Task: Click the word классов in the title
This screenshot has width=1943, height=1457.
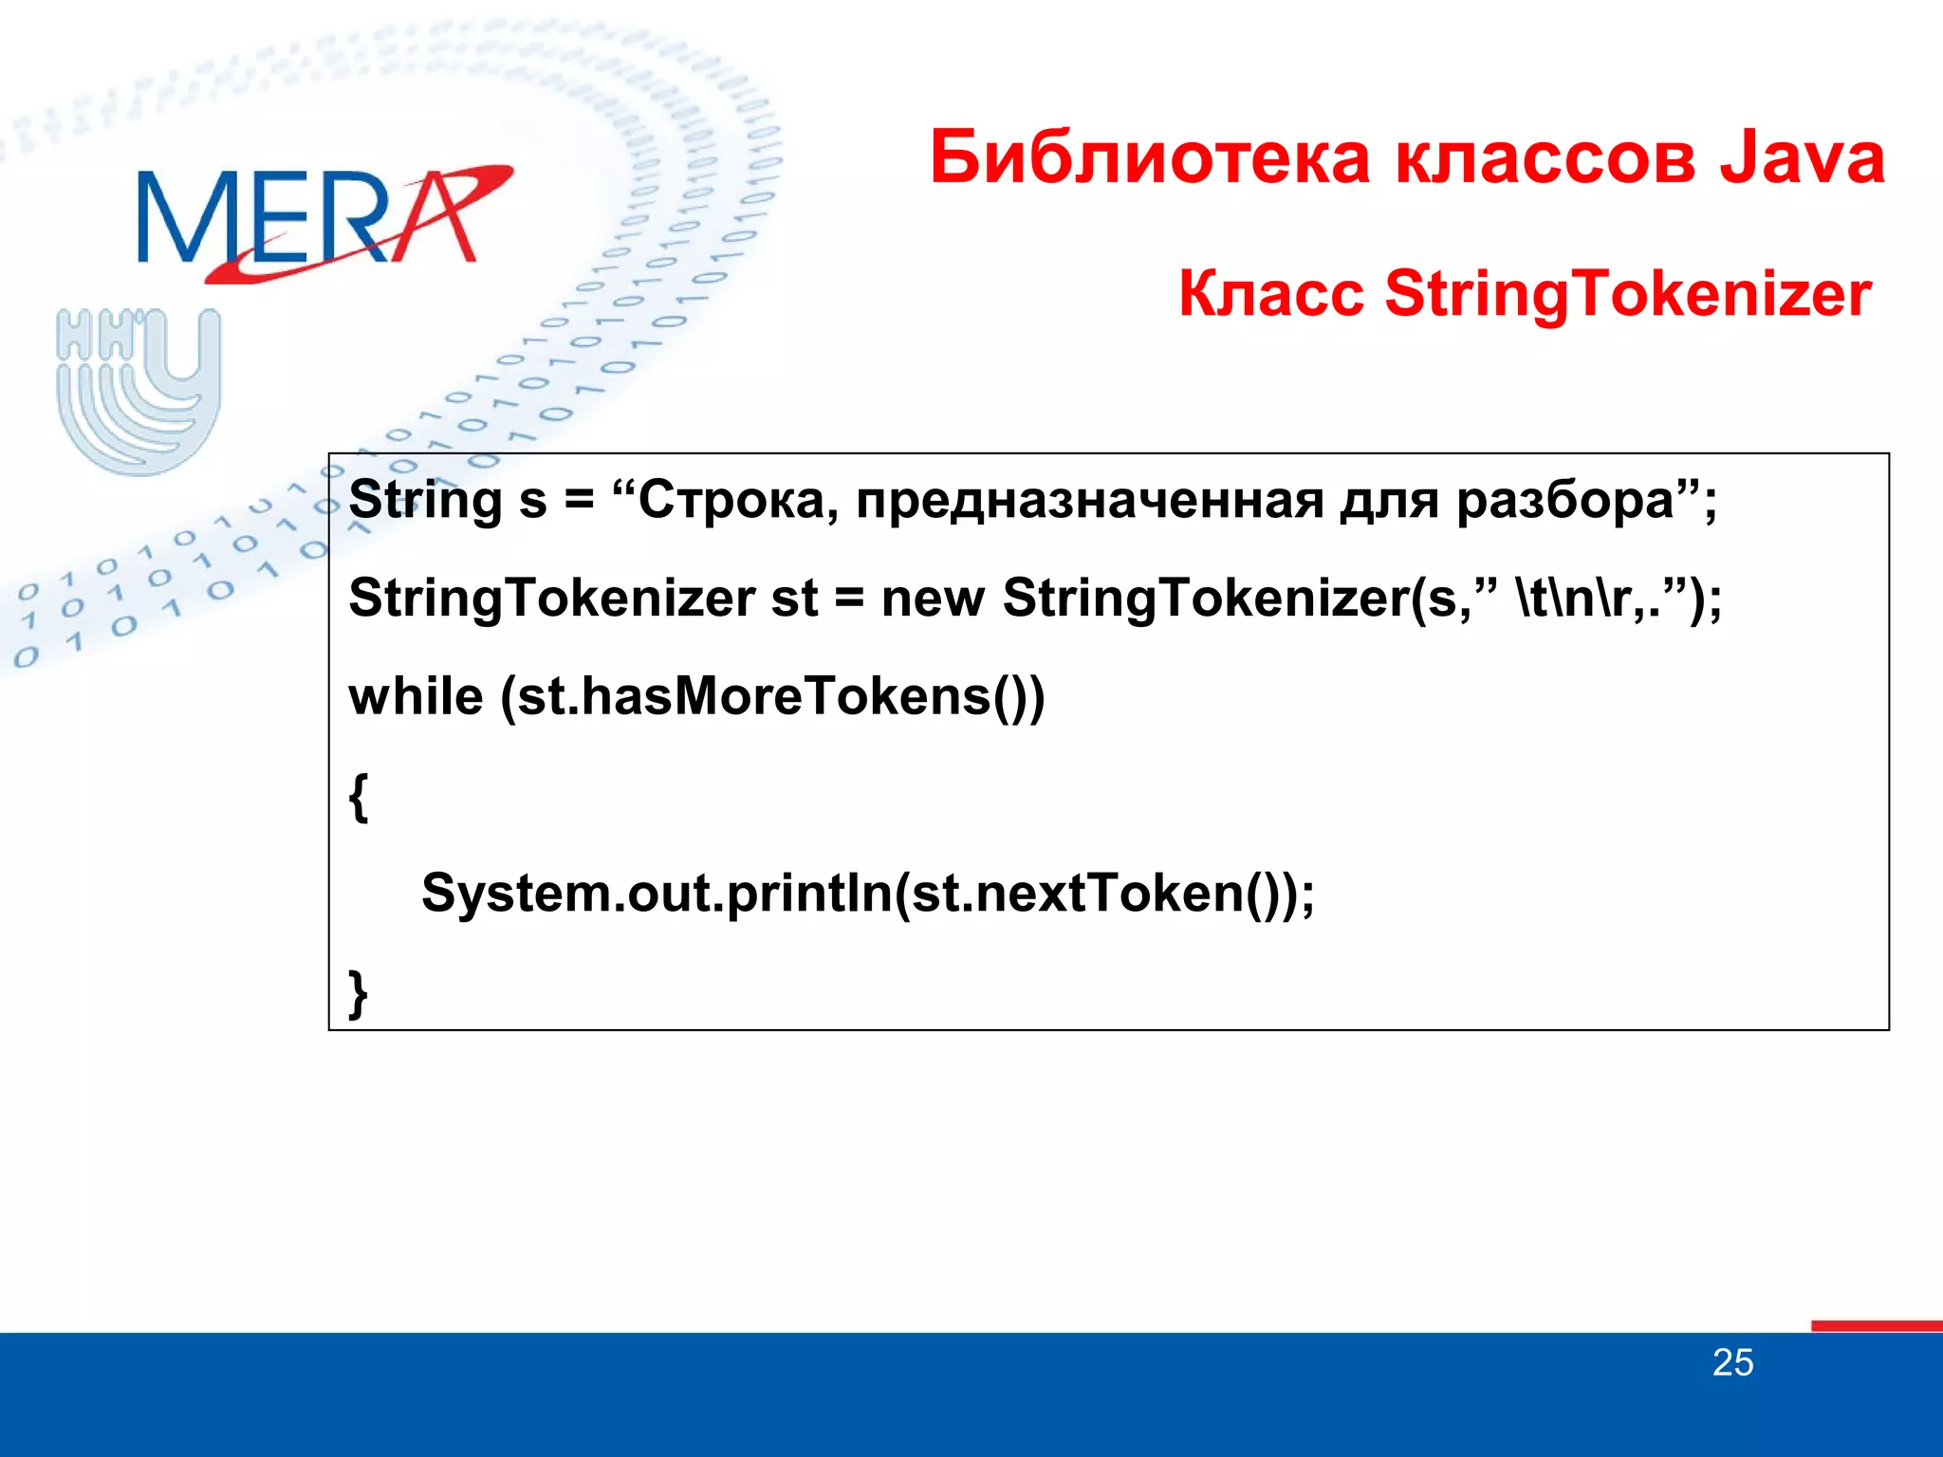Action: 1545,157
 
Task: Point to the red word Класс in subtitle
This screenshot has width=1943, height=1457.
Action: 1270,293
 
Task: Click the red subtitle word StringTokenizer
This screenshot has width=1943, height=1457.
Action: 1627,293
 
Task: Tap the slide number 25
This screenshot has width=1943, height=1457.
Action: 1732,1363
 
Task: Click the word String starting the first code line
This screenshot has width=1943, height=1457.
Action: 425,500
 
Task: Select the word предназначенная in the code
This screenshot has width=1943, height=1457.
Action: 1089,500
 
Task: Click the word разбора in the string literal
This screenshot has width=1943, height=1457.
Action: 1564,500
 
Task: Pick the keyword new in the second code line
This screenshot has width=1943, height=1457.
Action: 933,598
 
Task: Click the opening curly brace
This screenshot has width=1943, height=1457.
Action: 359,797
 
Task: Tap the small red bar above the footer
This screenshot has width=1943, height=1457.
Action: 1876,1325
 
